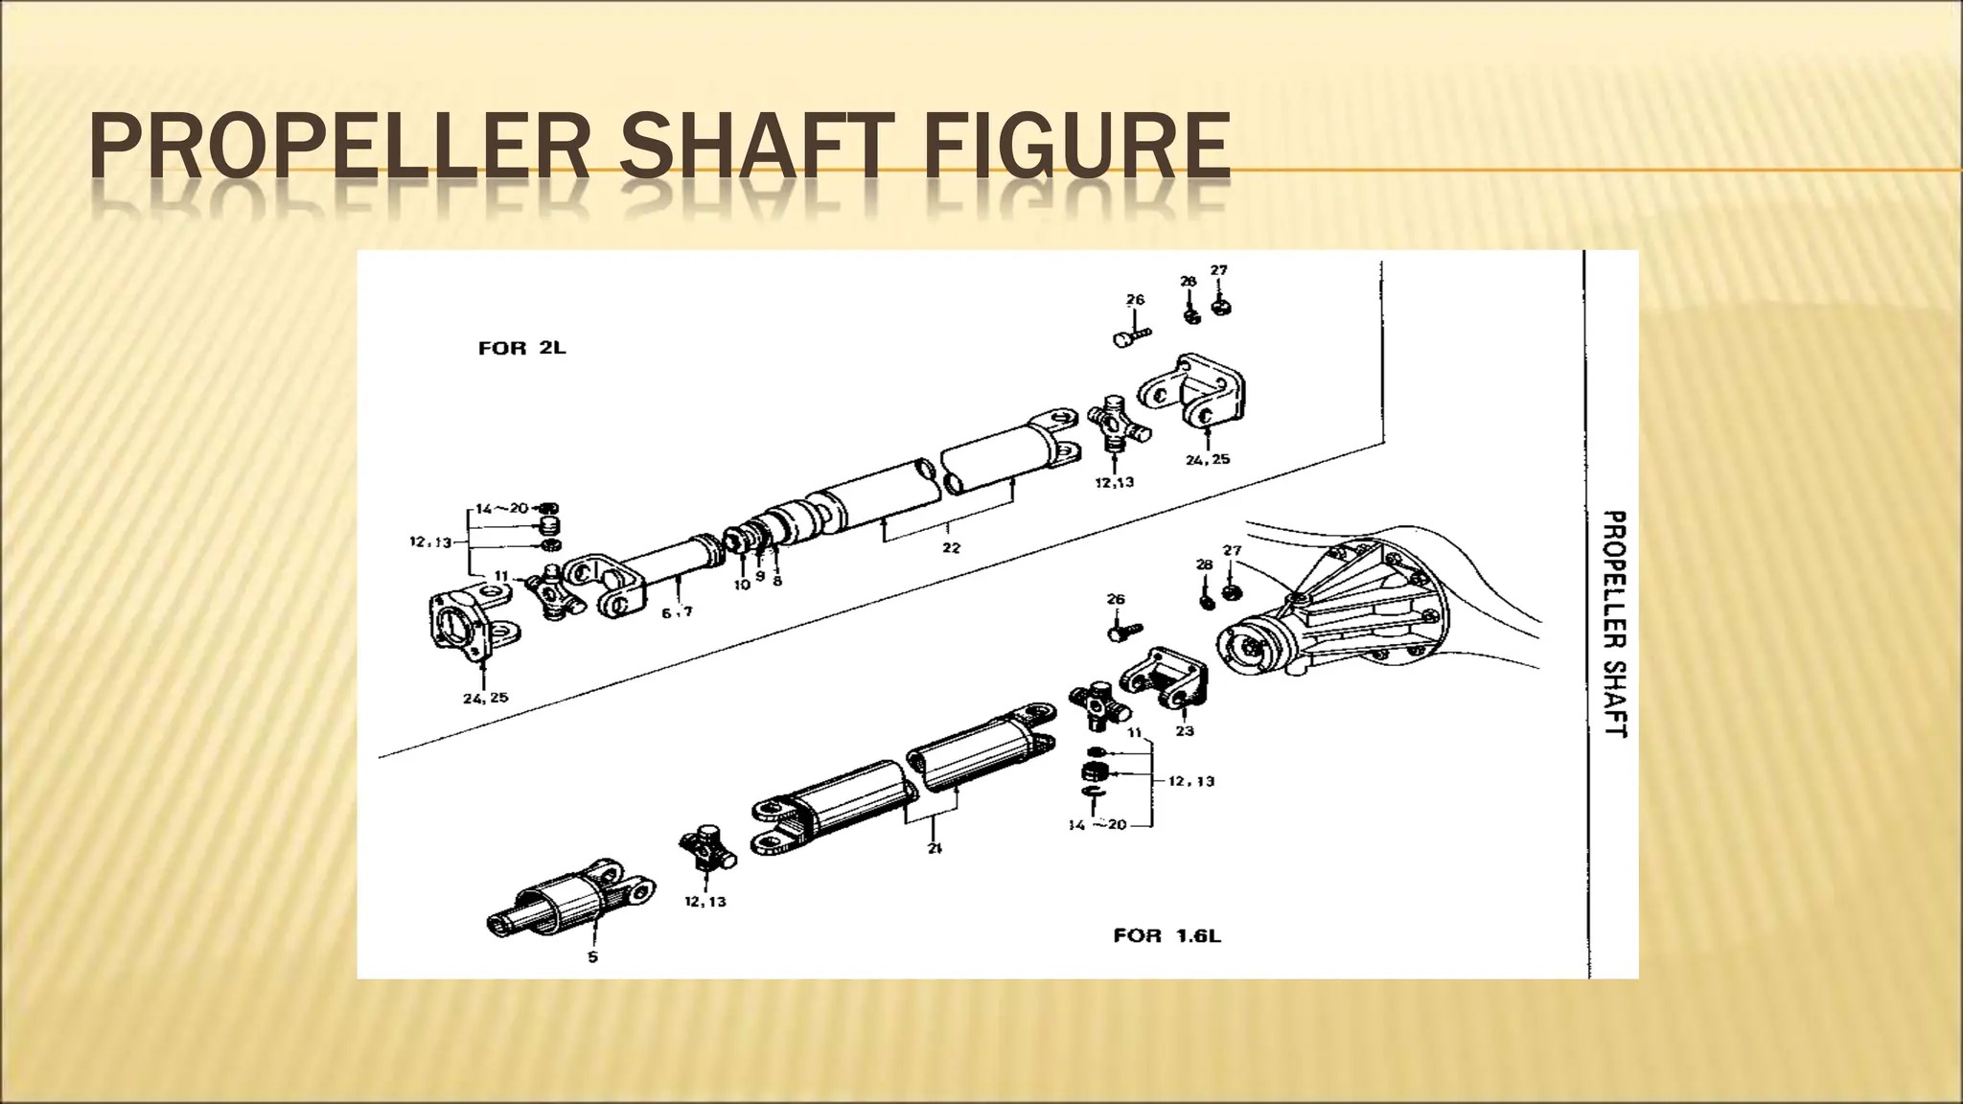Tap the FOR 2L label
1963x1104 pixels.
point(522,348)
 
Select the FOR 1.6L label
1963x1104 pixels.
point(1166,935)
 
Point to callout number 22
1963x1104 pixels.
point(950,548)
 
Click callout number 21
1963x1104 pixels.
point(935,848)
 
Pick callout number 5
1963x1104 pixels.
point(592,956)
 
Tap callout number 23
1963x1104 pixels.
point(1185,731)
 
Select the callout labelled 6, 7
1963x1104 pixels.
point(677,611)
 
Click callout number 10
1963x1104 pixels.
point(742,584)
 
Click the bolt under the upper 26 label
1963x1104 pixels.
point(1131,337)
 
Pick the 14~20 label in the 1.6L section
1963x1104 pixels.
point(1097,824)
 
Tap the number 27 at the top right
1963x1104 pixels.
point(1218,271)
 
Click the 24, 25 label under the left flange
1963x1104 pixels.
point(486,698)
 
